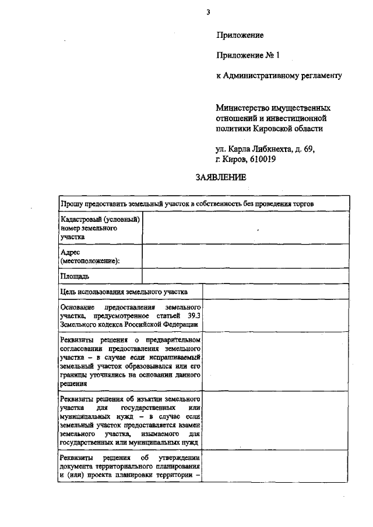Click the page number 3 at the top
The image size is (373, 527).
pos(207,11)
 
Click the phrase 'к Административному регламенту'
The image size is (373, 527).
pos(279,75)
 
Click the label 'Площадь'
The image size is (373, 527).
pos(75,276)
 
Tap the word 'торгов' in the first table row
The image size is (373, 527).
pos(303,204)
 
